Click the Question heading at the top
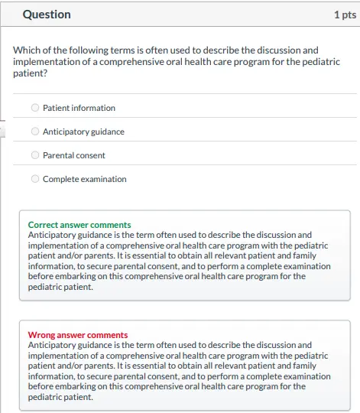(x=47, y=15)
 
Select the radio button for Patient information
(x=35, y=108)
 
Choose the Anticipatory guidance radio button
(x=35, y=132)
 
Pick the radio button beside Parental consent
(x=35, y=155)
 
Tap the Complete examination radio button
(x=35, y=179)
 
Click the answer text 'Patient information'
(x=79, y=108)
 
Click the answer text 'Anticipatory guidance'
(x=83, y=132)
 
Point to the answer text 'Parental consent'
(x=74, y=155)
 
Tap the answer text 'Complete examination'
(x=85, y=179)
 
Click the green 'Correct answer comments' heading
(x=79, y=225)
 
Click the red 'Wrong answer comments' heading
(x=78, y=335)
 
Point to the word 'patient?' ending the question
(x=30, y=73)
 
